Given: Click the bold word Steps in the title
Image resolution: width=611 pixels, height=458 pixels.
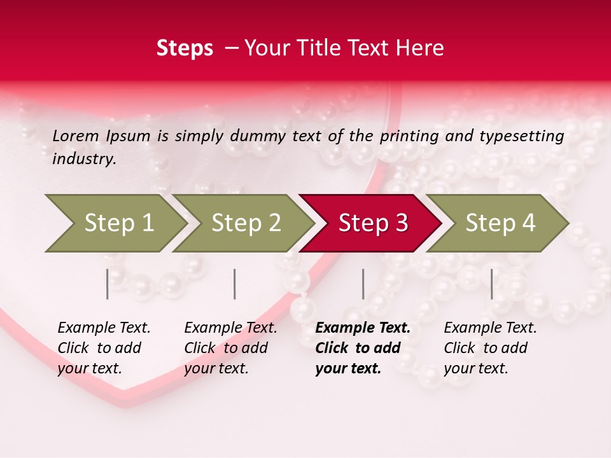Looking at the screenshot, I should [185, 48].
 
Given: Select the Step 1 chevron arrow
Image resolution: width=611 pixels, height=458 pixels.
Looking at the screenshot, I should [115, 223].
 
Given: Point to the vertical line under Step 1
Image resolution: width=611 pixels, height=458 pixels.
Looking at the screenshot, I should [108, 284].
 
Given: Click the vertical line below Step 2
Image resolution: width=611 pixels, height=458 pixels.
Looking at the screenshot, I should [235, 284].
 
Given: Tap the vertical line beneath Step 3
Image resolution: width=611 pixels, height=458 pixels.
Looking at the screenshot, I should [363, 284].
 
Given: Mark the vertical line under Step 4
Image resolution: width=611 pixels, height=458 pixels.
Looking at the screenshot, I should [491, 284].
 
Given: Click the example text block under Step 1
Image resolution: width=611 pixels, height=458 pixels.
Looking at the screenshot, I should [104, 348].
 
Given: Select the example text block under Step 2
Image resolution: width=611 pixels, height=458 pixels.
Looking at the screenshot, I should [230, 348].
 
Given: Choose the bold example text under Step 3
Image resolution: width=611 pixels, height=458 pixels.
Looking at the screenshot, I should [363, 348].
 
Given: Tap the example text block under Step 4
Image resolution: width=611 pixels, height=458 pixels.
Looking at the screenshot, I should [490, 348].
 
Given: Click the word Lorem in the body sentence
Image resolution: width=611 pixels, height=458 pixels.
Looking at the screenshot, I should [76, 136].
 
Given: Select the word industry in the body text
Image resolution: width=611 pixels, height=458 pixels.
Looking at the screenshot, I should [83, 159].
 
